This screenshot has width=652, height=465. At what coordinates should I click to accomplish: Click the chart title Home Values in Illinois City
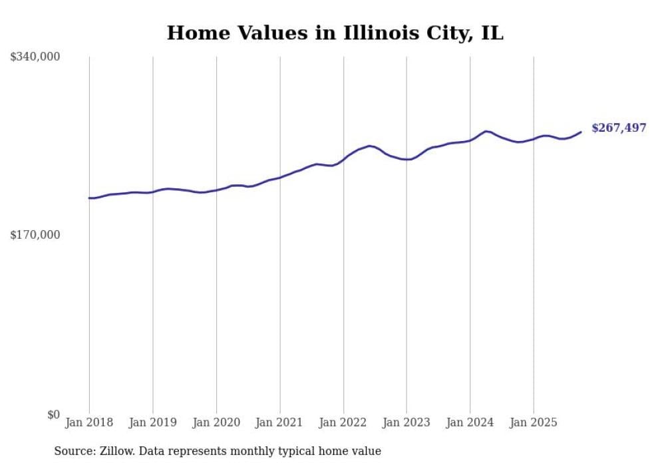point(335,33)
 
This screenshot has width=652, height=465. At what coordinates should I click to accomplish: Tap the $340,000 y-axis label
point(35,57)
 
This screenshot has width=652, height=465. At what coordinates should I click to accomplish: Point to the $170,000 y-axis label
point(35,235)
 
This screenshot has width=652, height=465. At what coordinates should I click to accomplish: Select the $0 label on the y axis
point(53,414)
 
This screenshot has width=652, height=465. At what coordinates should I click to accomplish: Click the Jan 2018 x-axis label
point(89,422)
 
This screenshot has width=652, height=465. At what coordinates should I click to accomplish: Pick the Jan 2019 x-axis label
point(152,422)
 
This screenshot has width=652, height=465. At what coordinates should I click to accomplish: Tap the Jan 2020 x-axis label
point(216,422)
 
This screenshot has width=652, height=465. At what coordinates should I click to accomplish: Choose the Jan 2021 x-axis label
point(279,422)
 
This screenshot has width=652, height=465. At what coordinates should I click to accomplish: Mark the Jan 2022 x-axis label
point(343,422)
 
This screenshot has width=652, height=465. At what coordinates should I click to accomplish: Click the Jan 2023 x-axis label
point(407,422)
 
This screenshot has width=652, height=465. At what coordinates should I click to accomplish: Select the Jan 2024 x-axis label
point(470,422)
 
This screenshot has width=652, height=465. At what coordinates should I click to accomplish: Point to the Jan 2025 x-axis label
point(534,422)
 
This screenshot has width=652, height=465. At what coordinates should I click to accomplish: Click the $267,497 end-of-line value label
point(618,128)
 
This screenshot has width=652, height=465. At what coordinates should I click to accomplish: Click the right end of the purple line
point(581,132)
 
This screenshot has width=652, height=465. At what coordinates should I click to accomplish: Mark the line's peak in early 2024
point(487,131)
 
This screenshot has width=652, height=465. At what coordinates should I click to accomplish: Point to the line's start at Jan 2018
point(89,198)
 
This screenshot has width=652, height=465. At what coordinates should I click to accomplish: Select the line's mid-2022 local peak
point(370,146)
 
